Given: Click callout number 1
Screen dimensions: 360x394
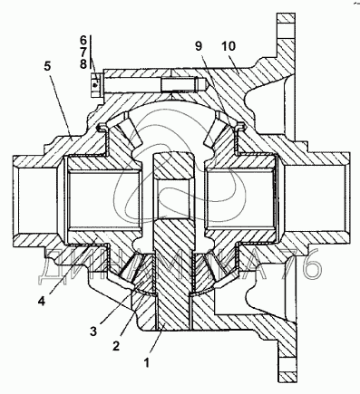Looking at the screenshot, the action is [147, 362].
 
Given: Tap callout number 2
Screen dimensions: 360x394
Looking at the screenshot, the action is [116, 346].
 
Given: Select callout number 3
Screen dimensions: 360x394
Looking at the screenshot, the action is [93, 332].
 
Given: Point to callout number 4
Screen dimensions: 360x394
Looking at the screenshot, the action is [42, 301].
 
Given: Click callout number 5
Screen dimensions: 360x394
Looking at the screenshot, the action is [47, 66].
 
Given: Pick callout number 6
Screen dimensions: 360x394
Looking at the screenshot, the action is [83, 40].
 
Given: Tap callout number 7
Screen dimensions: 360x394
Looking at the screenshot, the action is [83, 52].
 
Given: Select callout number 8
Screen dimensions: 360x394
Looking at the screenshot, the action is [83, 64].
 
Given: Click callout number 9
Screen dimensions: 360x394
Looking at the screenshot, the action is [199, 46].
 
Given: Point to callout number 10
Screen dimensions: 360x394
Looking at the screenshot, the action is [229, 46].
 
